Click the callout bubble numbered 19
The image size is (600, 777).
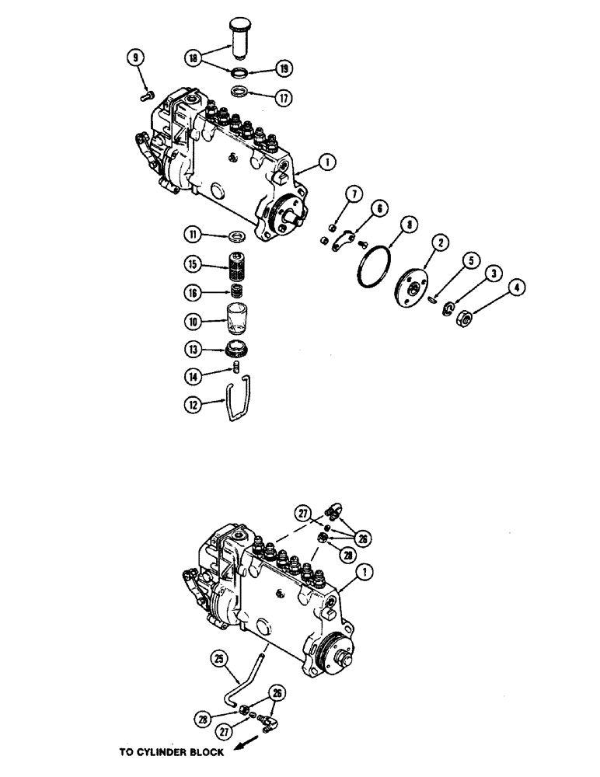[284, 70]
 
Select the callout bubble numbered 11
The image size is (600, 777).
[194, 234]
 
